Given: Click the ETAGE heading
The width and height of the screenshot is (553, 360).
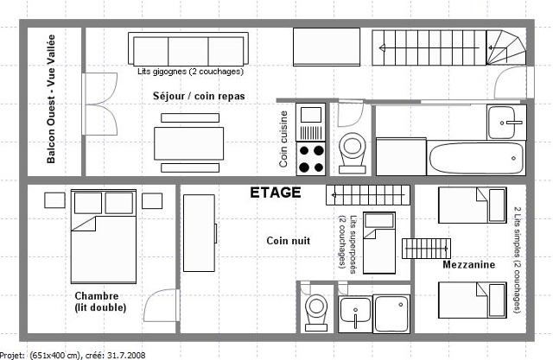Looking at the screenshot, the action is [276, 193].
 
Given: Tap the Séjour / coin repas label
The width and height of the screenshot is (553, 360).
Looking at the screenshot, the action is [199, 96].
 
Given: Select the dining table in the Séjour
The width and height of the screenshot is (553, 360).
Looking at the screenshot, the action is [188, 143].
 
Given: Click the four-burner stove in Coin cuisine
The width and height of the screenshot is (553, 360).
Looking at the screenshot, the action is [311, 159].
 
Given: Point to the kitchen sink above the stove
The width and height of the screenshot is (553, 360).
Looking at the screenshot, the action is [311, 122].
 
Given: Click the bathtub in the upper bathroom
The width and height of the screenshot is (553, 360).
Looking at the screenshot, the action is [476, 158].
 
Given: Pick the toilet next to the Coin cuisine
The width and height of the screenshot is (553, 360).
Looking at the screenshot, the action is [352, 152].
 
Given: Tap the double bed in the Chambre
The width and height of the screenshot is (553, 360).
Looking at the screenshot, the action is [104, 237].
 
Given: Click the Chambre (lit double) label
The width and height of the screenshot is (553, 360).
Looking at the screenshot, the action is [100, 301].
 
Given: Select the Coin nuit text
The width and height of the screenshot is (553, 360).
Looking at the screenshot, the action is [288, 241].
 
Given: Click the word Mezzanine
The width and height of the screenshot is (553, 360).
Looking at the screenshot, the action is [468, 264].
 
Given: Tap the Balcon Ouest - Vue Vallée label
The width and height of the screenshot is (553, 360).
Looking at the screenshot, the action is [51, 99].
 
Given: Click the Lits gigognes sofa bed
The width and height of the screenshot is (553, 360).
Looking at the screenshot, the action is [188, 49].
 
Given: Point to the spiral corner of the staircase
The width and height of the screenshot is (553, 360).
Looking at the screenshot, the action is [506, 47].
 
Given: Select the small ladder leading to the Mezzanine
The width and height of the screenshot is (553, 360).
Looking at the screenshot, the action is [426, 249].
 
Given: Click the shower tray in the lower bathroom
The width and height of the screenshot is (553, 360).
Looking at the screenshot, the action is [391, 314].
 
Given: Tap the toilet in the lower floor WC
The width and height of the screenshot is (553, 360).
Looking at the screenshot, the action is [316, 313].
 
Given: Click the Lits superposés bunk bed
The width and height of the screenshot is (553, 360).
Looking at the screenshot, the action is [379, 243].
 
